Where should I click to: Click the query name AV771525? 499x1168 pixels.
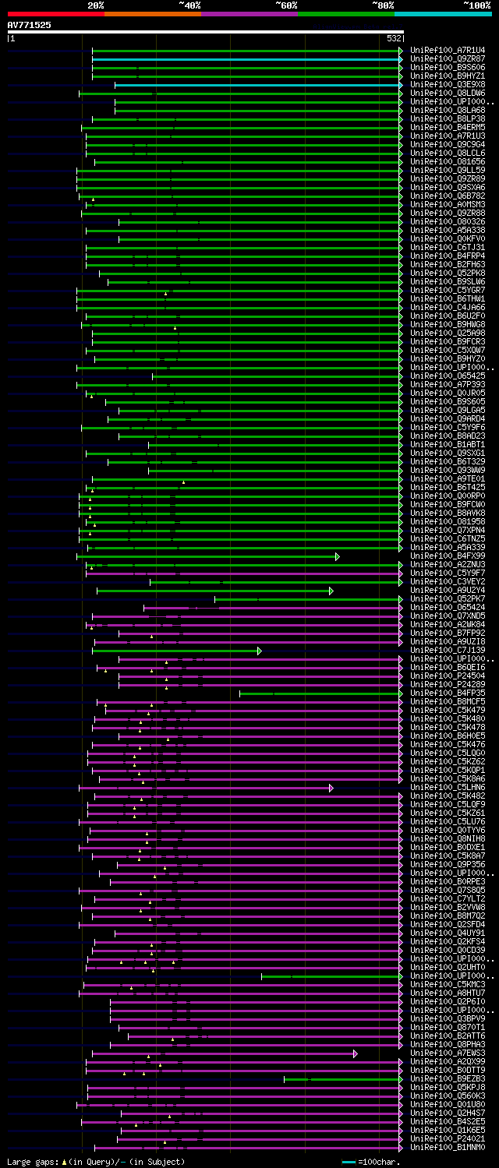30,25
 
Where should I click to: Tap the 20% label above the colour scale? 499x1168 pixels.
95,5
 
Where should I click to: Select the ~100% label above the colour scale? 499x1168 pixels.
476,5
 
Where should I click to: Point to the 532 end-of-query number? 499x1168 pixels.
393,38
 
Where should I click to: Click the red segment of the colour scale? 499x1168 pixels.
55,13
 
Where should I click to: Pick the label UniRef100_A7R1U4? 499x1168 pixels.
448,51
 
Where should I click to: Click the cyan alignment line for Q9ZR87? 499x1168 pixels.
246,59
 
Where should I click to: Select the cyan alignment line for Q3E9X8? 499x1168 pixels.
257,85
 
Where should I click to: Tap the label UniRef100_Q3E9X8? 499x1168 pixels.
448,85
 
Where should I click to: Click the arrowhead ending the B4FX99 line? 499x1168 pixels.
337,556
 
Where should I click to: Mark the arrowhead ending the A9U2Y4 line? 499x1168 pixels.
331,591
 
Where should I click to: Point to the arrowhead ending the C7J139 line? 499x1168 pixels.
259,651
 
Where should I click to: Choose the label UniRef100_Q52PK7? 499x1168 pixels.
448,599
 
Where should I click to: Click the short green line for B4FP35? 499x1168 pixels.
320,693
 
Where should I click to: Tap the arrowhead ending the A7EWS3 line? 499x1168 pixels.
355,1053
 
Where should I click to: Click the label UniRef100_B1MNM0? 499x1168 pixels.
448,1148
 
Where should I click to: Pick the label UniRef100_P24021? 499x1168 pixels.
448,1139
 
